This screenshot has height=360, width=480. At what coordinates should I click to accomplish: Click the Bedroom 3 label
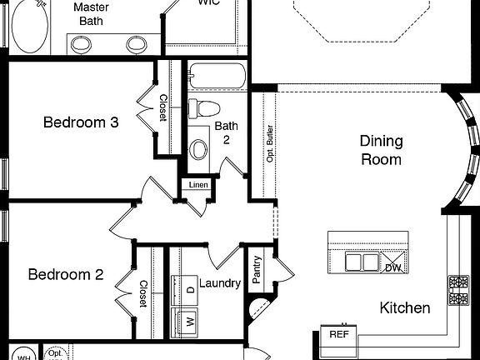pyautogui.click(x=81, y=122)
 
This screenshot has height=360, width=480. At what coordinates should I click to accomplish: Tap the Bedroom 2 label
pyautogui.click(x=66, y=274)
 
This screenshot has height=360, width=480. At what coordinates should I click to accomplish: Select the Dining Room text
pyautogui.click(x=381, y=150)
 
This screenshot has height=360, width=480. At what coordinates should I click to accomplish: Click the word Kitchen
pyautogui.click(x=405, y=307)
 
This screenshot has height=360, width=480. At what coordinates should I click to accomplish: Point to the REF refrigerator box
pyautogui.click(x=338, y=334)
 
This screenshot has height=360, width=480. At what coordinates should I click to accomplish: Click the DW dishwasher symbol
pyautogui.click(x=392, y=267)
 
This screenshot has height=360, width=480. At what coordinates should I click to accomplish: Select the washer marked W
pyautogui.click(x=188, y=320)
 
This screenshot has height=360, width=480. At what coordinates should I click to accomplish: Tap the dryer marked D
pyautogui.click(x=188, y=289)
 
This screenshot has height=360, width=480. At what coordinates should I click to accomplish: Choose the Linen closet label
pyautogui.click(x=197, y=185)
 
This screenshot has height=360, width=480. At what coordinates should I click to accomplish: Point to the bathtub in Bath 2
pyautogui.click(x=216, y=77)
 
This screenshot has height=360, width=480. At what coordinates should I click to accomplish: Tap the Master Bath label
pyautogui.click(x=91, y=13)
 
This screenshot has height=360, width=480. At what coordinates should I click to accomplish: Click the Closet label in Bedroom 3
pyautogui.click(x=162, y=107)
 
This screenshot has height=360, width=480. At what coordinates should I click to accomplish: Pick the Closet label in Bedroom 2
pyautogui.click(x=142, y=293)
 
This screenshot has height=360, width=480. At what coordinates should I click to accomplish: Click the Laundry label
pyautogui.click(x=220, y=283)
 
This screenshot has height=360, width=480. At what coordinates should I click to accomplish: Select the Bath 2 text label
pyautogui.click(x=227, y=132)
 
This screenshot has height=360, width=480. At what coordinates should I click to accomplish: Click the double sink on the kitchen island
pyautogui.click(x=363, y=263)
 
